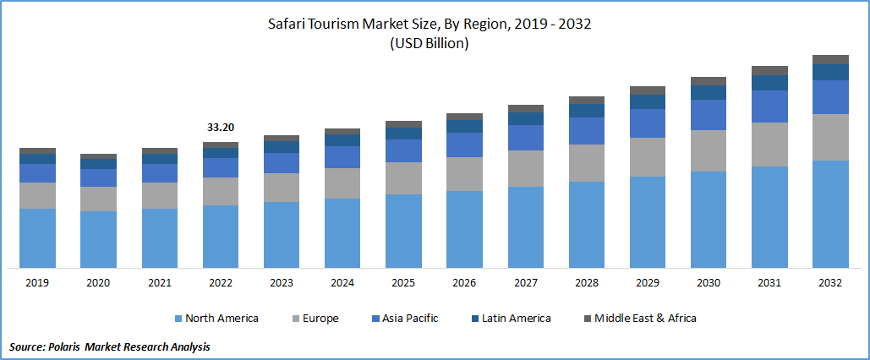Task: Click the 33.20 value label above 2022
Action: tap(221, 128)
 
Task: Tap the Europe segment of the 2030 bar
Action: tap(709, 150)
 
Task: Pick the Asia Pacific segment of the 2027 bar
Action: tap(525, 138)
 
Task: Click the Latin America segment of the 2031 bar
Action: tap(769, 83)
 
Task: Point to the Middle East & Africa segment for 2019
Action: tap(37, 150)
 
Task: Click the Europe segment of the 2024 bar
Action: tap(342, 183)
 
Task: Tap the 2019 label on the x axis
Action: tap(37, 283)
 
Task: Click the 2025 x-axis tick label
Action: tap(403, 283)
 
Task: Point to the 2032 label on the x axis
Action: tap(830, 283)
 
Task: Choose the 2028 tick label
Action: tap(586, 283)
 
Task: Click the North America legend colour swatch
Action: tap(178, 319)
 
